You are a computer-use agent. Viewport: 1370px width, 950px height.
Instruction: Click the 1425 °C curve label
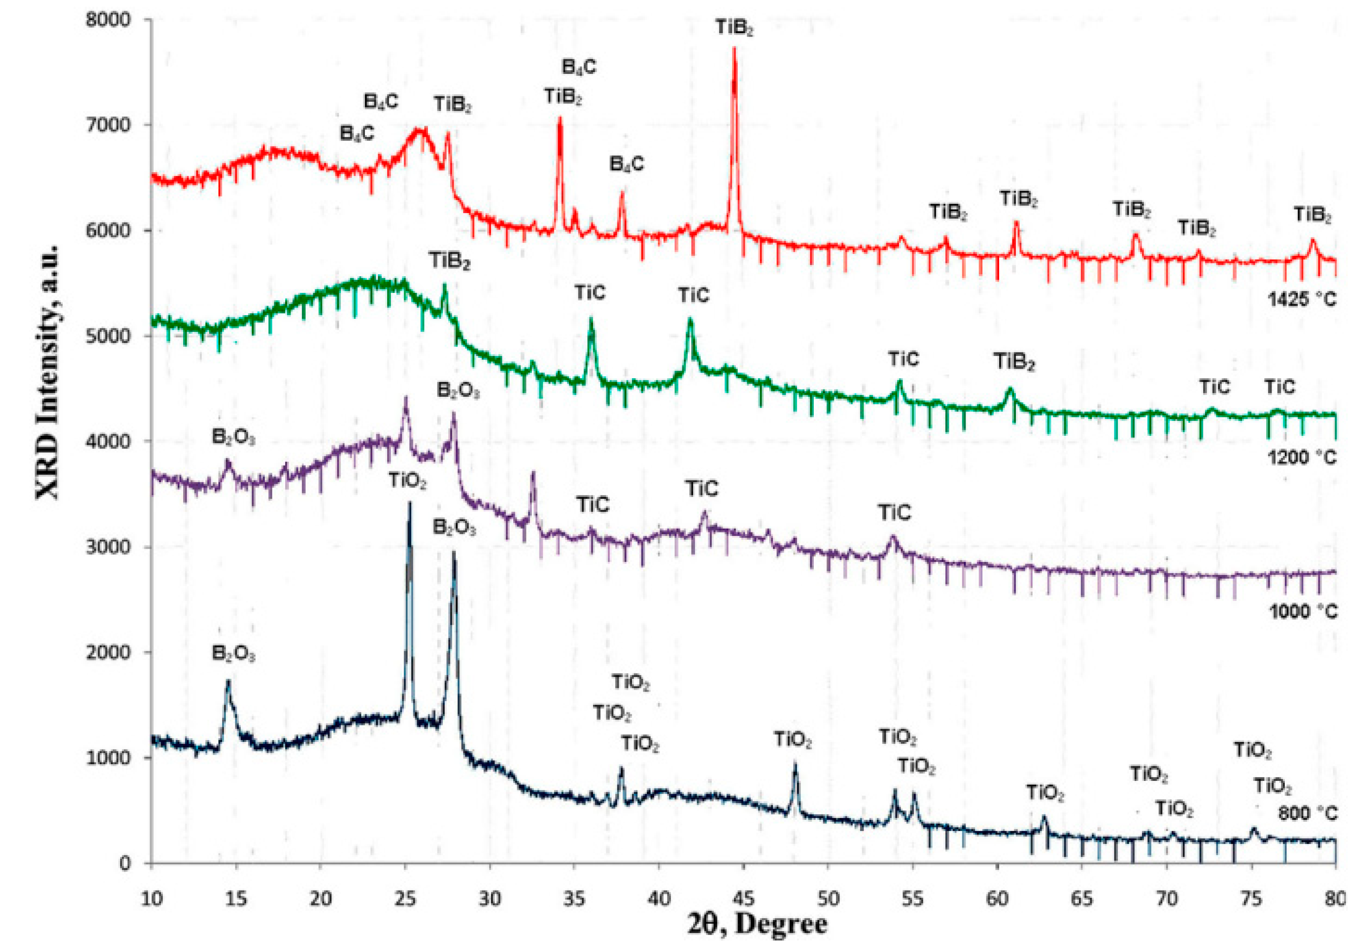pyautogui.click(x=1302, y=299)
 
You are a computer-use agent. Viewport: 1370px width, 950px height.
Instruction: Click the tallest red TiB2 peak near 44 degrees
pyautogui.click(x=734, y=51)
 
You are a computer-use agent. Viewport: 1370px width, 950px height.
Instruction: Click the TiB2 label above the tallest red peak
pyautogui.click(x=734, y=27)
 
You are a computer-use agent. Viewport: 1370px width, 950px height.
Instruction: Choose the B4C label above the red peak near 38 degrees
pyautogui.click(x=626, y=164)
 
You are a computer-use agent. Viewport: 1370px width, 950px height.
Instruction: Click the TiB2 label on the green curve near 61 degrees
pyautogui.click(x=1014, y=362)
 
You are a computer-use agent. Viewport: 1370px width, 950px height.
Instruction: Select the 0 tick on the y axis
pyautogui.click(x=124, y=863)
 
